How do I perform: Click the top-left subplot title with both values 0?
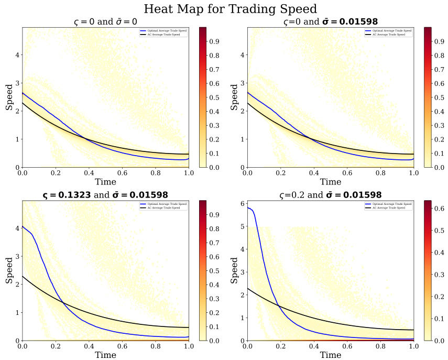(106, 21)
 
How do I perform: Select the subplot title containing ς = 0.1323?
(106, 195)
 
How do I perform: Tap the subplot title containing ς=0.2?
(330, 195)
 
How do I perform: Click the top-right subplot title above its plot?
(330, 21)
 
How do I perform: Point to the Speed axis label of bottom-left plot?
(9, 270)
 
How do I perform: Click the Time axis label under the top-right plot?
(331, 182)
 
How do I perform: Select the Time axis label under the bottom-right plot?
(331, 355)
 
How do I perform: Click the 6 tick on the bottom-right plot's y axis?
(242, 204)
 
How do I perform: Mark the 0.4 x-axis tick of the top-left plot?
(89, 172)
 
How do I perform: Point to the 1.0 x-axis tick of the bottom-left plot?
(189, 346)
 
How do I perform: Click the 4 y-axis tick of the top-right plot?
(242, 54)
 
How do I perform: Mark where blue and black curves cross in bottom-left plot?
(63, 302)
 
